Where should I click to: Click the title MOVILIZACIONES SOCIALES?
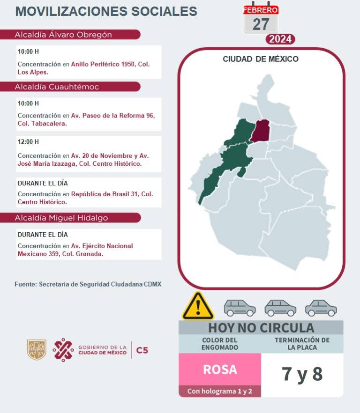point(106,11)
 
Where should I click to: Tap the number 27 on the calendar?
point(261,23)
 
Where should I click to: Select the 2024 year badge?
point(280,39)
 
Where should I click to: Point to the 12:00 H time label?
point(29,141)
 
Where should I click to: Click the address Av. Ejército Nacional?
point(102,246)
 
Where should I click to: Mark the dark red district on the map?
point(260,130)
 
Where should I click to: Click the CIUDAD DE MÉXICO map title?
point(261,59)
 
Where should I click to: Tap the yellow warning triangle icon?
point(198,307)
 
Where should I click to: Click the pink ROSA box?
point(220,369)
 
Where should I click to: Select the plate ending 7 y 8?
point(302,374)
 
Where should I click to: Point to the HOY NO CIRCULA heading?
point(261,327)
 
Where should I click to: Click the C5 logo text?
point(142,350)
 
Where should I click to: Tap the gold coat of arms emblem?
point(37,350)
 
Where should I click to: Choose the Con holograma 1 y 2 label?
point(220,391)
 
